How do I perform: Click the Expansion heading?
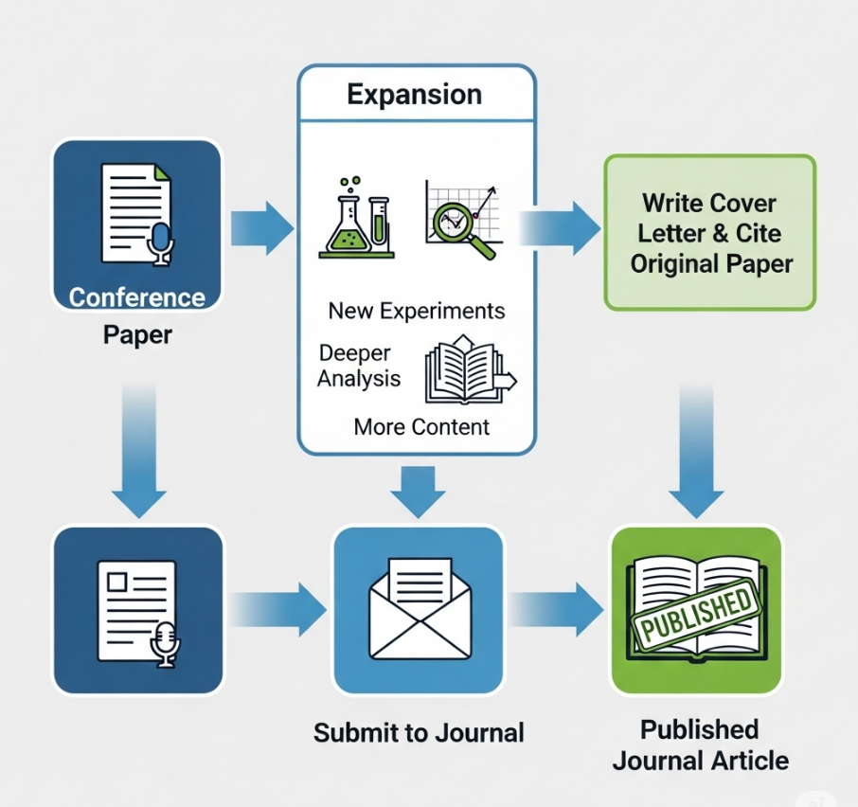tap(415, 95)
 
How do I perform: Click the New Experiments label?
tap(417, 311)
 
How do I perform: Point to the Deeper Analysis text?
tap(359, 366)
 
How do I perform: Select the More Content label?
tap(421, 426)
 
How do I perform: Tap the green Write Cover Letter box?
tap(709, 233)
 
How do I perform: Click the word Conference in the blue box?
tap(137, 297)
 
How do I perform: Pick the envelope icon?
tap(418, 609)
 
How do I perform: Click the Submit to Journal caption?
tap(419, 732)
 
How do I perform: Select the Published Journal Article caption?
tap(700, 744)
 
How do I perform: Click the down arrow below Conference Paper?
tap(138, 455)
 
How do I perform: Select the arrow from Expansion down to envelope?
tap(418, 491)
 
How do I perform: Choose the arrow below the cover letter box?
tap(697, 455)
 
